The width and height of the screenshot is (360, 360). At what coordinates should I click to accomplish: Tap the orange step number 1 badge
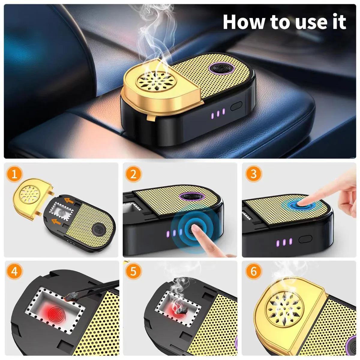[x=14, y=174]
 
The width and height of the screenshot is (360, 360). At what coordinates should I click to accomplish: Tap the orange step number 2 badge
[x=133, y=174]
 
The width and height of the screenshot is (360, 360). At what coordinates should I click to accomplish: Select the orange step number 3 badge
[x=253, y=174]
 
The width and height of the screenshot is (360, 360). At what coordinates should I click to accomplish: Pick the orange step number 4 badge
[x=14, y=271]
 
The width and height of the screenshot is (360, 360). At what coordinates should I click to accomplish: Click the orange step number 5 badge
[x=133, y=271]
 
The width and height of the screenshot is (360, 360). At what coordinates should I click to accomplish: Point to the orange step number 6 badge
[x=253, y=271]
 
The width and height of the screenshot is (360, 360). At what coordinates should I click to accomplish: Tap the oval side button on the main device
[x=236, y=106]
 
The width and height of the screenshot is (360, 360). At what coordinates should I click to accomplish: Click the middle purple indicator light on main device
[x=218, y=114]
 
